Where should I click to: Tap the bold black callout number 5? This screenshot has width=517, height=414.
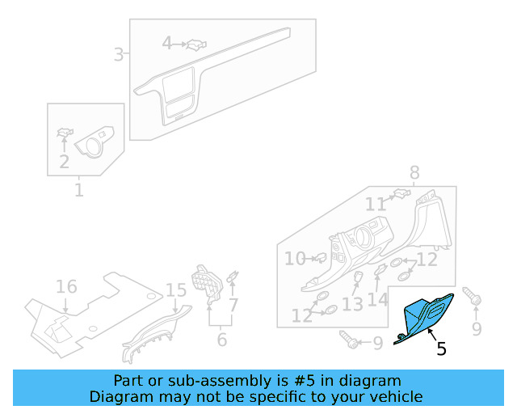442,349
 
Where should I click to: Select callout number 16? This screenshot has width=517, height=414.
66,286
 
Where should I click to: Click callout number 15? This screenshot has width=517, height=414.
176,290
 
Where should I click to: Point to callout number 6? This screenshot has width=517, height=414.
222,340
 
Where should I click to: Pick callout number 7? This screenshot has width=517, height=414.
233,305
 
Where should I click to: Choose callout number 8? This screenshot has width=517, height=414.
414,172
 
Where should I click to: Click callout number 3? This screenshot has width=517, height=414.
119,54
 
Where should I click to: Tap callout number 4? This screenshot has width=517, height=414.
167,43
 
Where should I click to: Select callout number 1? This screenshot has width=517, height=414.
79,190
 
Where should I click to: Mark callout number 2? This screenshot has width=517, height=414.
64,162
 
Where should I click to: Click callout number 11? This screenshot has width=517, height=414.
376,205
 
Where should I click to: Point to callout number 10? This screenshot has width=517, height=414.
295,259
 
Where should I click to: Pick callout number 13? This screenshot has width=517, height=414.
352,304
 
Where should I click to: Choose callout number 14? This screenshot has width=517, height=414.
377,300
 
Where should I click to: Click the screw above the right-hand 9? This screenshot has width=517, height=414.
472,296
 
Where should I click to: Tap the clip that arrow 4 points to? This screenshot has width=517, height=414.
196,44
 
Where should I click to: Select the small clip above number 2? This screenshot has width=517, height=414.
65,133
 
